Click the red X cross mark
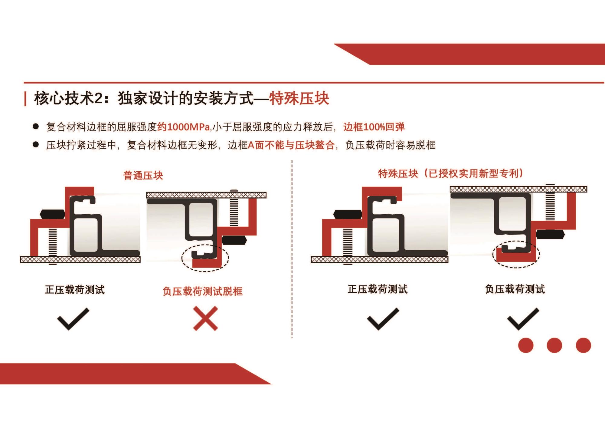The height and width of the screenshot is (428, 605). pyautogui.click(x=205, y=318)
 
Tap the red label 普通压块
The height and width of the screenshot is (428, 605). pyautogui.click(x=143, y=176)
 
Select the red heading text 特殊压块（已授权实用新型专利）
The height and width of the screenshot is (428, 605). pyautogui.click(x=451, y=173)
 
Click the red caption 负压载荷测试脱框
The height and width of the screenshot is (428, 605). pyautogui.click(x=203, y=291)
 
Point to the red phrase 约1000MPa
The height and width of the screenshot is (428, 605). pyautogui.click(x=183, y=127)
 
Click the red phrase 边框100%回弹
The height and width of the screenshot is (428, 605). pyautogui.click(x=374, y=127)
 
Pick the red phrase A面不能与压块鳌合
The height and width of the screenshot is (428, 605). pyautogui.click(x=291, y=145)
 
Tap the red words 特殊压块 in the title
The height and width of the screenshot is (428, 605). pyautogui.click(x=299, y=98)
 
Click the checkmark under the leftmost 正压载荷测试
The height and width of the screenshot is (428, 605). pyautogui.click(x=73, y=319)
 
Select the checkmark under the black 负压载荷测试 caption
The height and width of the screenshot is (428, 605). pyautogui.click(x=523, y=319)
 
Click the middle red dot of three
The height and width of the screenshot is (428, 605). pyautogui.click(x=554, y=345)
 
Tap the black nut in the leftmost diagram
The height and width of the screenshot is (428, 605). pyautogui.click(x=52, y=214)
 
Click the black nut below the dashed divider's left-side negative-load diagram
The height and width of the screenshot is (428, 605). pyautogui.click(x=234, y=240)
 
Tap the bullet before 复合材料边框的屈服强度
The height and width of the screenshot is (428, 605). pyautogui.click(x=36, y=127)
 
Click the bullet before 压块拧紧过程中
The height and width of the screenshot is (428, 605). pyautogui.click(x=36, y=145)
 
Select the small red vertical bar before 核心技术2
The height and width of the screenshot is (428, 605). pyautogui.click(x=25, y=99)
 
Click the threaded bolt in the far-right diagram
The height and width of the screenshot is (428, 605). pyautogui.click(x=550, y=202)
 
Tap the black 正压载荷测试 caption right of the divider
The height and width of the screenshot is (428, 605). pyautogui.click(x=378, y=289)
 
